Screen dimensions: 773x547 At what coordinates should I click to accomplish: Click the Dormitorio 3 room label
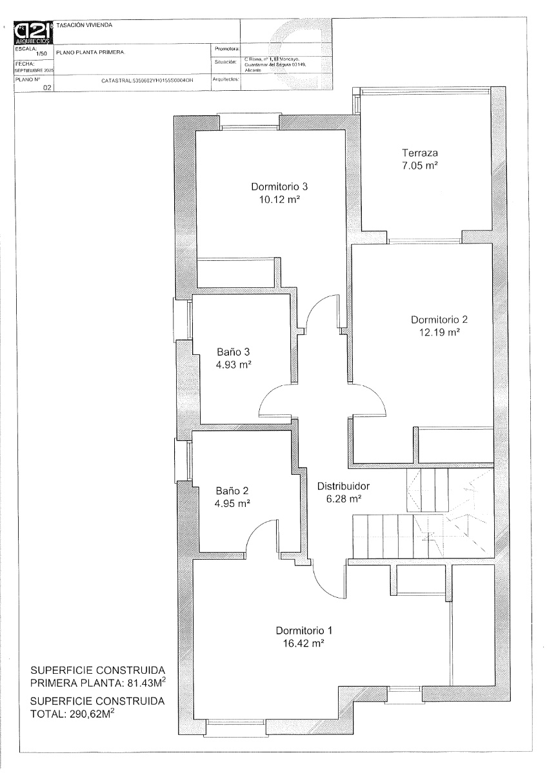(x=279, y=187)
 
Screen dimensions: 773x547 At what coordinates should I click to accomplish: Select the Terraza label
(x=420, y=153)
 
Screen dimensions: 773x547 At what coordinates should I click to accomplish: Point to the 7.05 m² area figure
(x=420, y=166)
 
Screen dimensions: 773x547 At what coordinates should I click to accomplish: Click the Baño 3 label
(x=233, y=352)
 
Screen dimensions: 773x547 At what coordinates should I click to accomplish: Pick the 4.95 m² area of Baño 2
(x=233, y=503)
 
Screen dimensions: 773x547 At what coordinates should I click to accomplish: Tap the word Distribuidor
(x=343, y=486)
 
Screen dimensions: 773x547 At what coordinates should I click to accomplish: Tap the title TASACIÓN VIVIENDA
(x=85, y=25)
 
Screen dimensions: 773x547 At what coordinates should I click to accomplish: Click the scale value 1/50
(x=43, y=54)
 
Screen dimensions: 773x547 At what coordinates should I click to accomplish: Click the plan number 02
(x=46, y=89)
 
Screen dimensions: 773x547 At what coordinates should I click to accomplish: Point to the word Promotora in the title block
(x=226, y=48)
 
